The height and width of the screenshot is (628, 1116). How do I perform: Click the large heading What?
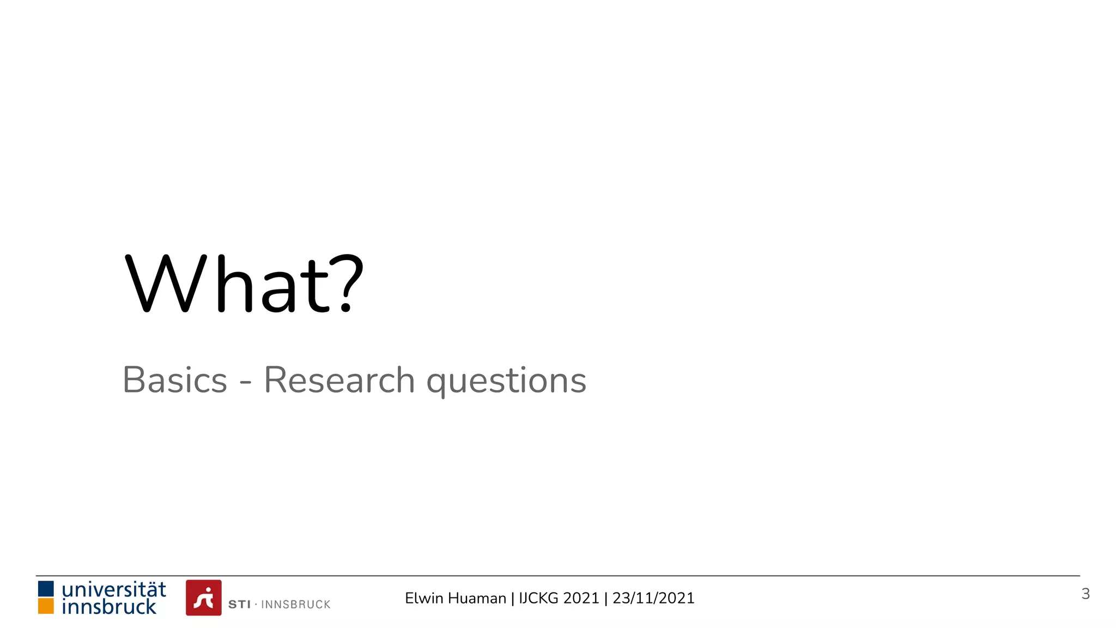coord(244,285)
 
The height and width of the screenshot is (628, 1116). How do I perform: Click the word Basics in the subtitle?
coord(175,380)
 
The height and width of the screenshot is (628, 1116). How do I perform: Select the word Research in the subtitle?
coord(339,380)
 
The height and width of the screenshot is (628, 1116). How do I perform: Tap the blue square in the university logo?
coord(46,589)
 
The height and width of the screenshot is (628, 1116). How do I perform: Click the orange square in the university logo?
coord(46,606)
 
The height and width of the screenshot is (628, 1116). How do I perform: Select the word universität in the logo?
coord(114,589)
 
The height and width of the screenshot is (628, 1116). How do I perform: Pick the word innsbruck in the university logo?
coord(109,607)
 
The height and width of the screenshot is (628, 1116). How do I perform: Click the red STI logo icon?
coord(204,597)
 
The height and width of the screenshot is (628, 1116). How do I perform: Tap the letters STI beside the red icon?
coord(239,605)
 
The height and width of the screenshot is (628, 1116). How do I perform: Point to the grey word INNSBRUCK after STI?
coord(296,605)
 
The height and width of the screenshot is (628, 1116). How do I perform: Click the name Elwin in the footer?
coord(424,598)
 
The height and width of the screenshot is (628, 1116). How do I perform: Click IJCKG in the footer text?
coord(539,598)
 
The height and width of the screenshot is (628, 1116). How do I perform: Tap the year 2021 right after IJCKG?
coord(581,598)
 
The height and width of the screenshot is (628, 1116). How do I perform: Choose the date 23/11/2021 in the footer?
coord(653,598)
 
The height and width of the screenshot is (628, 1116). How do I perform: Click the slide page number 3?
coord(1085,594)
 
